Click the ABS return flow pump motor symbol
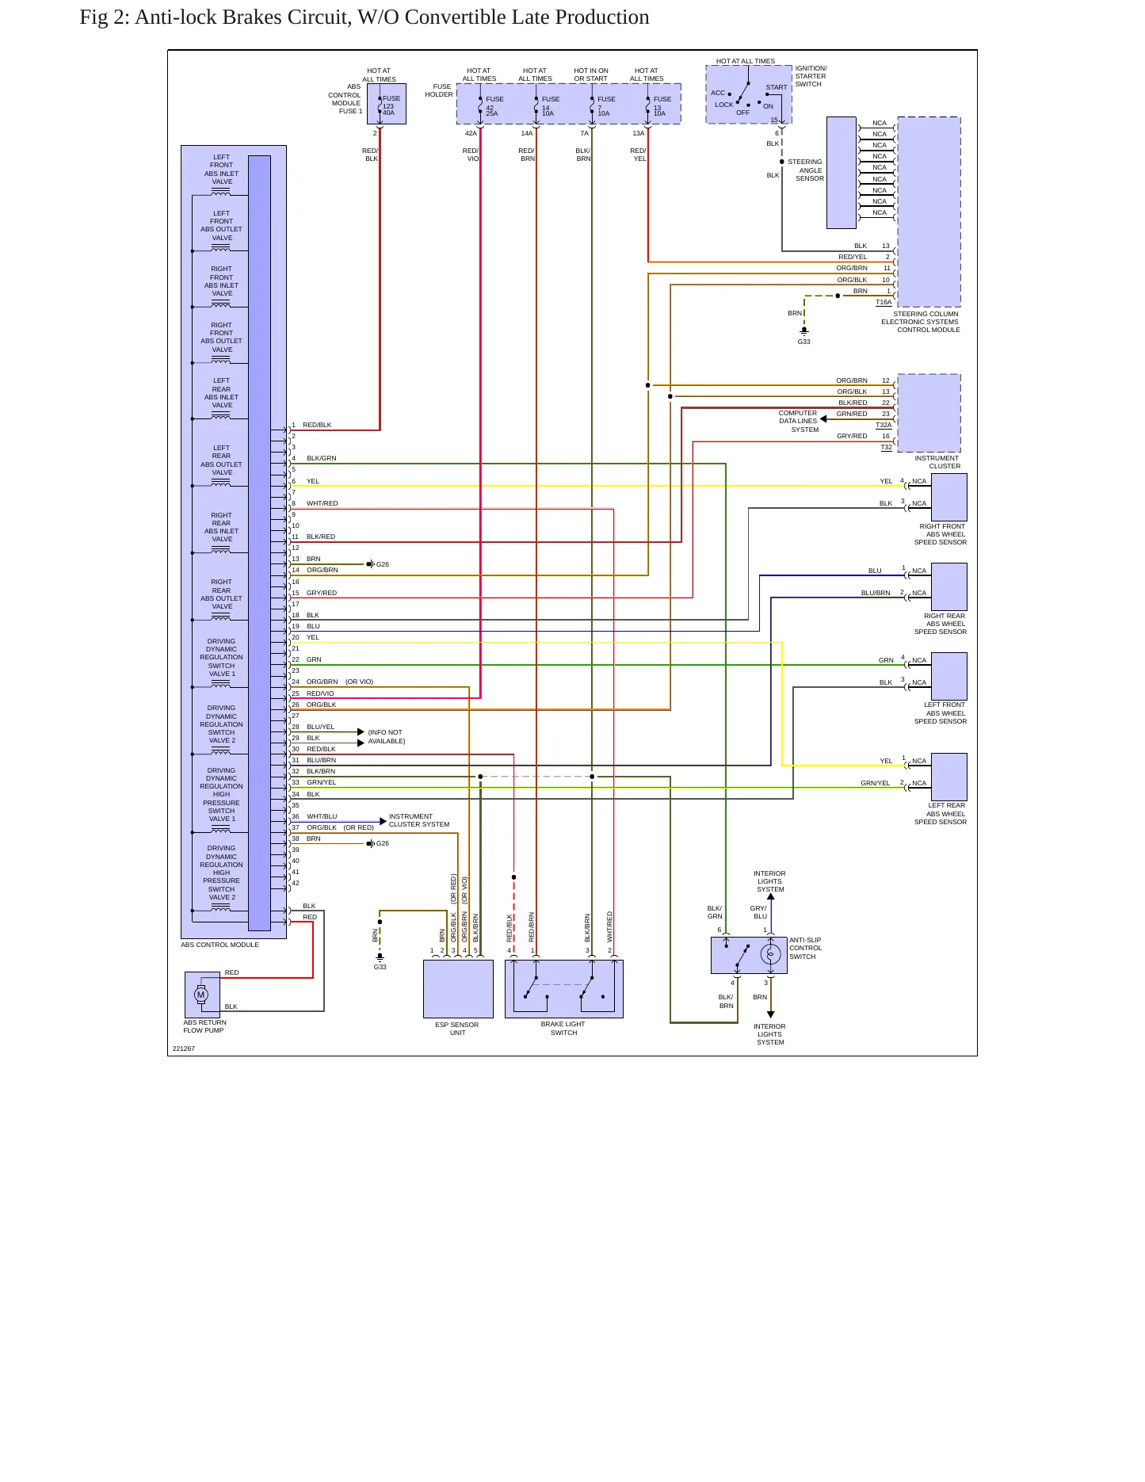(201, 995)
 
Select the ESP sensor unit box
(458, 989)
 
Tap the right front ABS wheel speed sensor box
(949, 498)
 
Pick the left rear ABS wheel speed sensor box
(949, 777)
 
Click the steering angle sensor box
(842, 173)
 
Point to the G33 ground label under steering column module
(804, 342)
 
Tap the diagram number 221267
(184, 1048)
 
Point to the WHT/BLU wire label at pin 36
(322, 816)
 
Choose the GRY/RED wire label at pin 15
(322, 593)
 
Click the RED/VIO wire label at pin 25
(320, 693)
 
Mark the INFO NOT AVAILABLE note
(387, 737)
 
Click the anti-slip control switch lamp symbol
(770, 955)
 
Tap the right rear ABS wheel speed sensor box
(949, 586)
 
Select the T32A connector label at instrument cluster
(884, 425)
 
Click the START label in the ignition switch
(777, 87)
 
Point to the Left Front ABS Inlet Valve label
(221, 170)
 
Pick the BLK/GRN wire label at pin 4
(322, 458)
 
